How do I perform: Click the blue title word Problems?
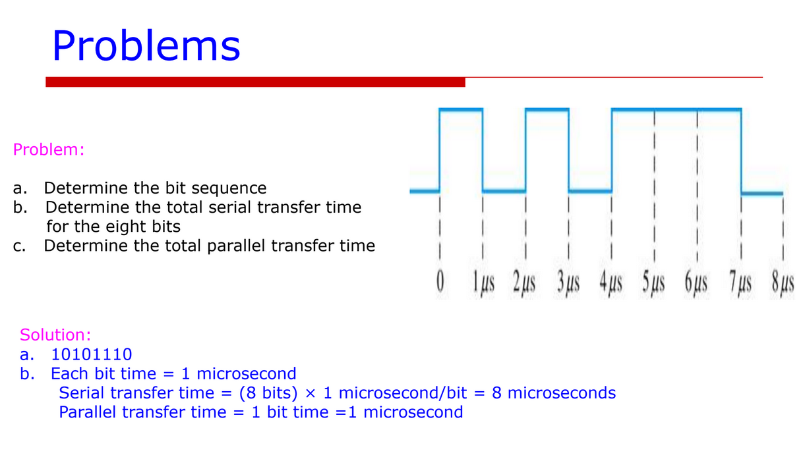146,46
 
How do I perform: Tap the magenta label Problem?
49,149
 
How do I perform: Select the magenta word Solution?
55,335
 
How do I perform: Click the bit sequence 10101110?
92,354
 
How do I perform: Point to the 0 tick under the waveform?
440,281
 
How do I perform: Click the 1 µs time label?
483,283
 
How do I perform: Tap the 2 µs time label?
524,283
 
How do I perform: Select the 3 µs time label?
568,283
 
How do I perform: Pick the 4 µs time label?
611,283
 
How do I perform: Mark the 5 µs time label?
654,283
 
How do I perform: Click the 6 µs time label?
696,283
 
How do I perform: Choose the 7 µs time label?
740,283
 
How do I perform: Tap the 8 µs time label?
783,283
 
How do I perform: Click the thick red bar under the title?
255,82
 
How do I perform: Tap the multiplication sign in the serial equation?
310,393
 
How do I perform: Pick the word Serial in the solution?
82,393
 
